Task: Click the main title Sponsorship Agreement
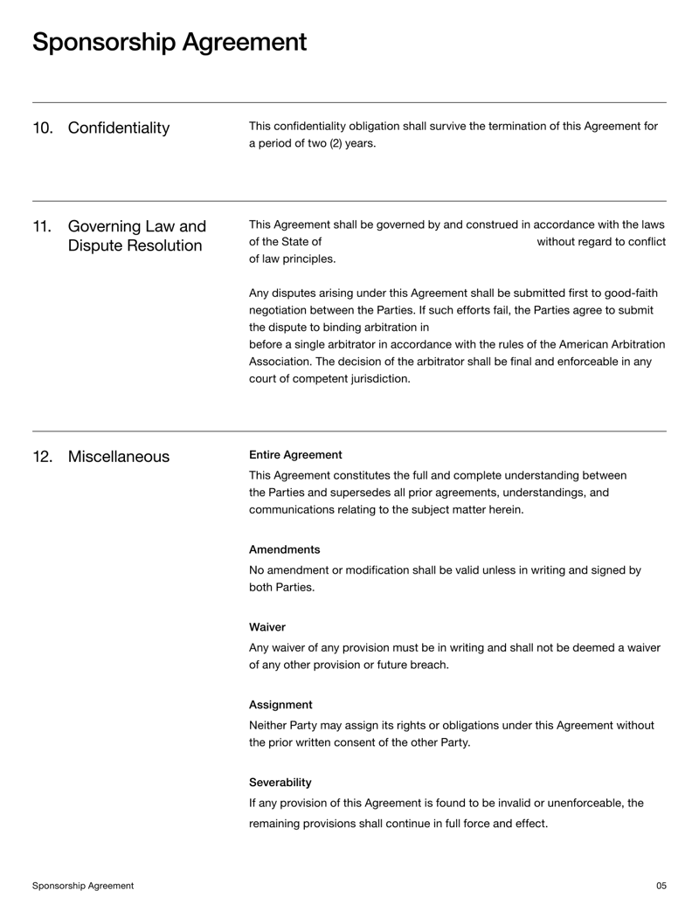[x=170, y=42]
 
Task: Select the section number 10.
[x=43, y=128]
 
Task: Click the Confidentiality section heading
[x=119, y=128]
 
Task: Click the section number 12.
[x=43, y=457]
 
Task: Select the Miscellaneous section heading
[x=119, y=457]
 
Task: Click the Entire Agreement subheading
[x=295, y=455]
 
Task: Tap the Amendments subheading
[x=284, y=549]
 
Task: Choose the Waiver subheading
[x=267, y=627]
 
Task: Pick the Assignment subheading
[x=280, y=704]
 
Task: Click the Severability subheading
[x=280, y=782]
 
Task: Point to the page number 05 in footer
[x=661, y=886]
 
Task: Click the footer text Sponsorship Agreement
[x=83, y=886]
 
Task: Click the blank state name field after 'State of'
[x=428, y=242]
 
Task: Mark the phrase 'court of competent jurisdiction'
[x=329, y=379]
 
